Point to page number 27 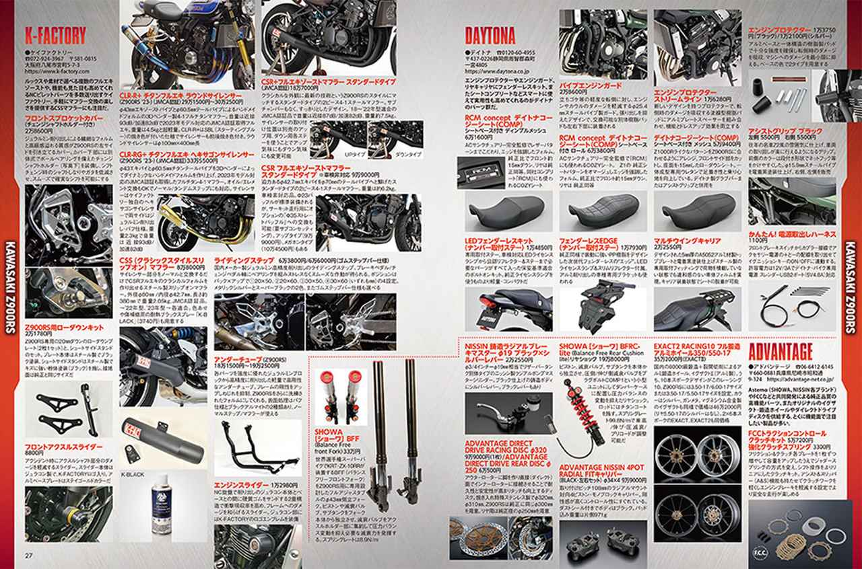tap(29, 555)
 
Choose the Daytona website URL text tap(498, 69)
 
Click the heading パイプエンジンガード tap(591, 86)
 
